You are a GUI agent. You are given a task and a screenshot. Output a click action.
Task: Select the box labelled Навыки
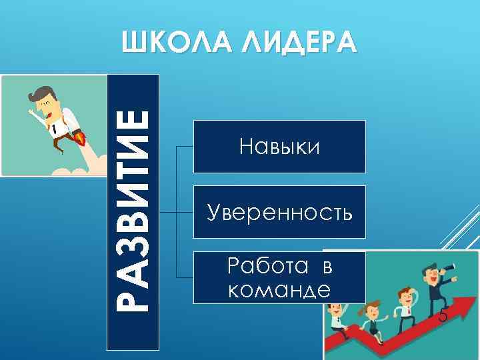pyautogui.click(x=279, y=146)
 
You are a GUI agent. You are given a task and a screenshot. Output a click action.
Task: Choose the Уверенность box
pyautogui.click(x=279, y=212)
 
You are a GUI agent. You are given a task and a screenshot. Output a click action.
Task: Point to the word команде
pyautogui.click(x=279, y=290)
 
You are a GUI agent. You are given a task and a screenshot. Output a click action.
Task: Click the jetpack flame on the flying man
pyautogui.click(x=81, y=138)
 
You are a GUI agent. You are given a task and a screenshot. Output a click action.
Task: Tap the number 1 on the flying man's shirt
pyautogui.click(x=52, y=127)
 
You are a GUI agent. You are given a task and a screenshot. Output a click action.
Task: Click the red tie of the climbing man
pyautogui.click(x=403, y=307)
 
